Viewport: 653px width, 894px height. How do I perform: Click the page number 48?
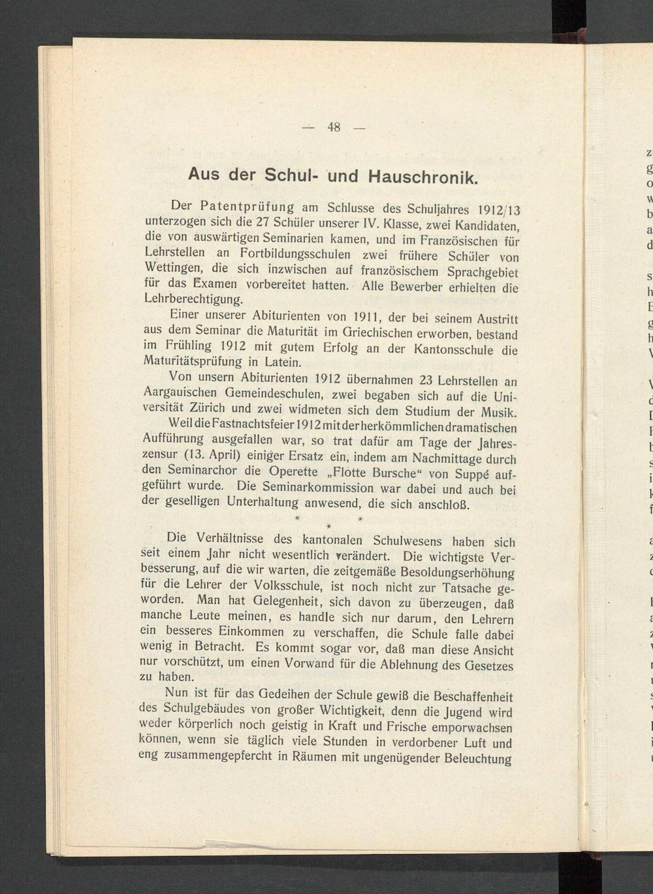[334, 127]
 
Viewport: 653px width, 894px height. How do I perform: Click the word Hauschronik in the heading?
[424, 176]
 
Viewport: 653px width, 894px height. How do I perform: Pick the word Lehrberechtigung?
[193, 299]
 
